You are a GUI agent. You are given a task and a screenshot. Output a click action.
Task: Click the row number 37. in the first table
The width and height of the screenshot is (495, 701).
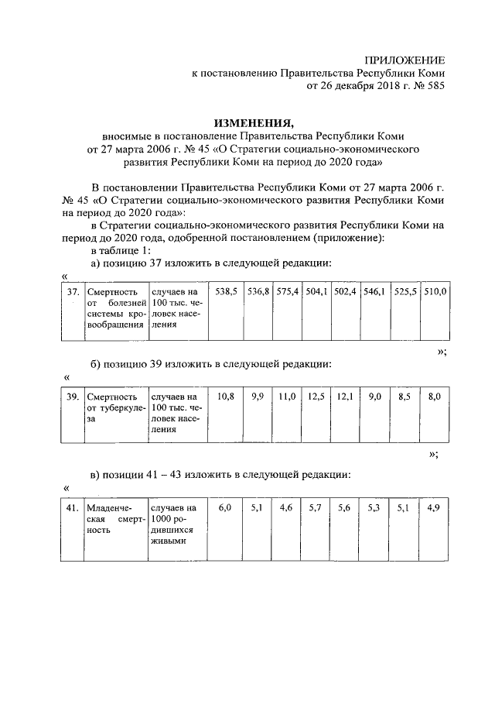pos(72,292)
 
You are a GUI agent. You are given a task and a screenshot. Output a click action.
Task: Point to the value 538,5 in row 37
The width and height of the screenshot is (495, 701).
pos(225,292)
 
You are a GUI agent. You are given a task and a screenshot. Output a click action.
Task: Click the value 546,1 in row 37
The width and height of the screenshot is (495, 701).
pos(376,292)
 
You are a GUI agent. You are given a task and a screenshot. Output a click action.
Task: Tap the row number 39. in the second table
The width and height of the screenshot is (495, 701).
pos(72,397)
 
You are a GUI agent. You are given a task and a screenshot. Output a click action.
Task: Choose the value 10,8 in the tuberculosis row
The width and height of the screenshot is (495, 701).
pos(225,397)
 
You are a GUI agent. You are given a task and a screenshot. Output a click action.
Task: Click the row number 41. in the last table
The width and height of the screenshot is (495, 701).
pos(72,508)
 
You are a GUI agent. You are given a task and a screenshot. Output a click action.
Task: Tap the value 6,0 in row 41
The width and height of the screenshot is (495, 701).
pos(225,508)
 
